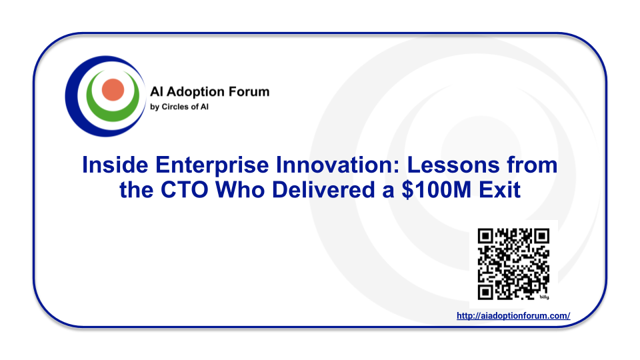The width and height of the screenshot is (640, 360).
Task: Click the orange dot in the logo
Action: [x=113, y=90]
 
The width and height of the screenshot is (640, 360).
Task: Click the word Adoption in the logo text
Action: [x=189, y=92]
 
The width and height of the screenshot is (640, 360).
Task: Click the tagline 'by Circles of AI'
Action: [x=179, y=107]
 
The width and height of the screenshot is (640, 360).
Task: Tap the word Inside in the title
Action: [x=115, y=165]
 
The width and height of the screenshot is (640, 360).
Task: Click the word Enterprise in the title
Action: [x=212, y=165]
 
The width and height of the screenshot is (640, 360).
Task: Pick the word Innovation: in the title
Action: [x=338, y=165]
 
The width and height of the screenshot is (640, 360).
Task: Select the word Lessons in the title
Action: [x=453, y=165]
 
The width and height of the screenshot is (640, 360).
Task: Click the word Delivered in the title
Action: [x=323, y=190]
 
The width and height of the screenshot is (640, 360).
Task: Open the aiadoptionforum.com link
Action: [x=513, y=315]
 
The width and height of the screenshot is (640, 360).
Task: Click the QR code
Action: [x=513, y=264]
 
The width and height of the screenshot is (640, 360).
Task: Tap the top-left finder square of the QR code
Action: [x=486, y=236]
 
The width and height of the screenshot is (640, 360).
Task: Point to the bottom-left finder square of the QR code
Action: [x=486, y=292]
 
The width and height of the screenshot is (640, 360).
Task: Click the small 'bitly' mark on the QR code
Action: [x=544, y=297]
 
